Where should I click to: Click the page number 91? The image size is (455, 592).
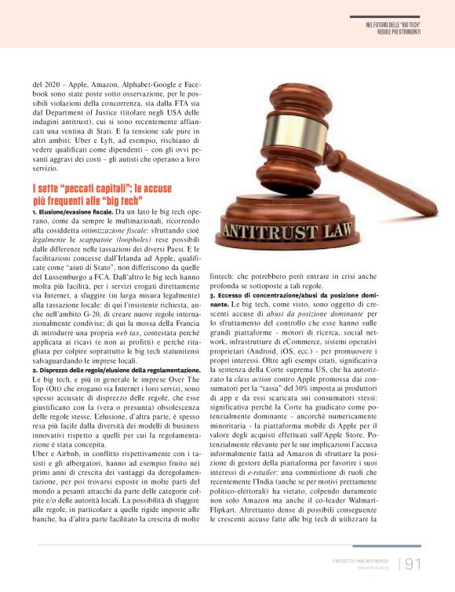coord(413,563)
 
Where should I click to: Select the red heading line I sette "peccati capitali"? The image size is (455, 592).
coord(102,189)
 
